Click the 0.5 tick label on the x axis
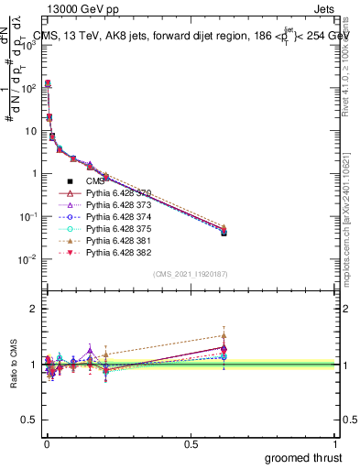tap(190, 443)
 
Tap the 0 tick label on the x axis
tap(45, 443)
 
